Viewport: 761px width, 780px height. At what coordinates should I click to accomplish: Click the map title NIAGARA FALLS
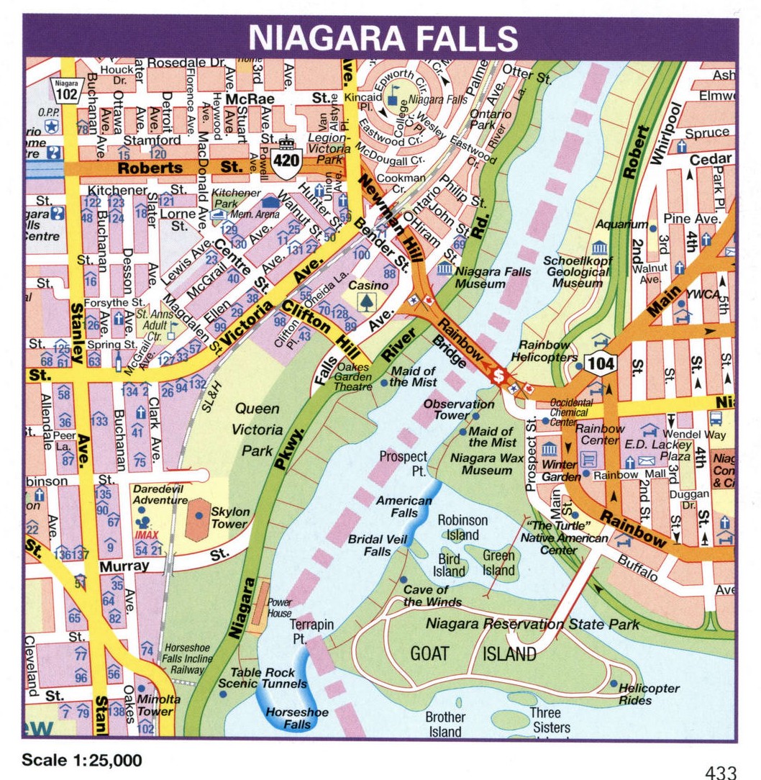[383, 38]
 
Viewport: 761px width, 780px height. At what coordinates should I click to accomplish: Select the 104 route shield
[600, 364]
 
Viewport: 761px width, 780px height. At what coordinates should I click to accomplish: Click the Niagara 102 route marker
[65, 91]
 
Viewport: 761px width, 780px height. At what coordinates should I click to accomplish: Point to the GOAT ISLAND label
[473, 653]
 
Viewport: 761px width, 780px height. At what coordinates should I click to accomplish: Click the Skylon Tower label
[230, 517]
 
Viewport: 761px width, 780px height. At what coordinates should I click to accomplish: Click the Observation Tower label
[458, 410]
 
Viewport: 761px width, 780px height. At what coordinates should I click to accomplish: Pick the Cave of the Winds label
[432, 596]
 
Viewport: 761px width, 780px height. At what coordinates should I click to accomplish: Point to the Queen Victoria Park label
[257, 430]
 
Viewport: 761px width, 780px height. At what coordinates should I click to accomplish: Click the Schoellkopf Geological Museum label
[578, 272]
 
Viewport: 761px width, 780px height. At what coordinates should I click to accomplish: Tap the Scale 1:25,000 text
[81, 760]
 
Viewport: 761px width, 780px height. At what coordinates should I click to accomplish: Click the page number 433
[720, 773]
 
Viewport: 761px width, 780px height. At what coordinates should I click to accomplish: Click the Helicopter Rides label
[649, 694]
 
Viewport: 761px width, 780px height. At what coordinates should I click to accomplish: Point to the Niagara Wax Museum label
[487, 463]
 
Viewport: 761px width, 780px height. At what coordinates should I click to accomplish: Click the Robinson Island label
[462, 527]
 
